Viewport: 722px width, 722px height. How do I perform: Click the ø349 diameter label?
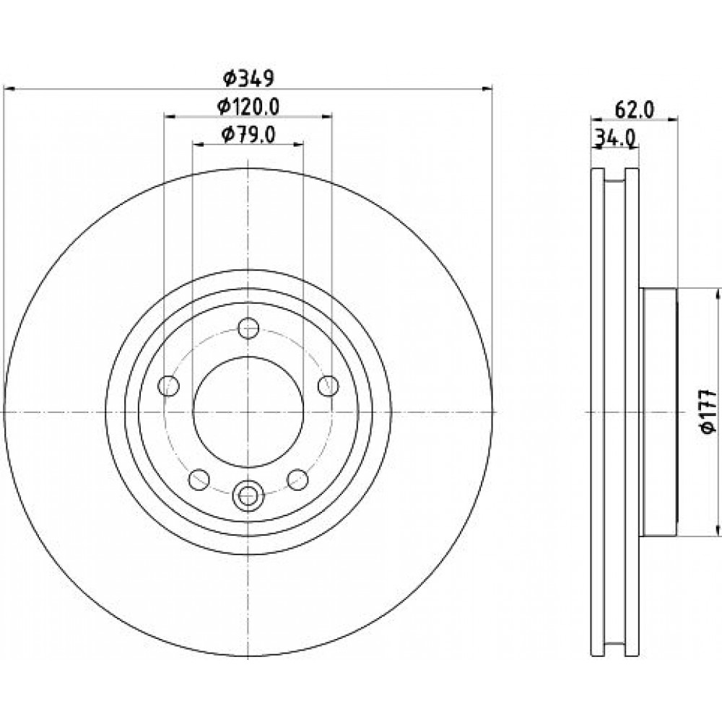(x=248, y=78)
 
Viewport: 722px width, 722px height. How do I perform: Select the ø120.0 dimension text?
(x=248, y=107)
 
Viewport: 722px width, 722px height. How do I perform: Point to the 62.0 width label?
(x=634, y=110)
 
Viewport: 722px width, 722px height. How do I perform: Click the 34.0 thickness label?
(x=615, y=137)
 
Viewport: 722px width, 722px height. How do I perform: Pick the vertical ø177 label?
(x=708, y=412)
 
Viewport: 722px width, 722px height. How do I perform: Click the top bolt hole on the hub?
(x=248, y=329)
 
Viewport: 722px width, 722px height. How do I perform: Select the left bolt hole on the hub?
(x=168, y=386)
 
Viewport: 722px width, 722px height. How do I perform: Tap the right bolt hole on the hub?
(x=329, y=386)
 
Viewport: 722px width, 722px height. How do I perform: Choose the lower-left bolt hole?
(x=199, y=480)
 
